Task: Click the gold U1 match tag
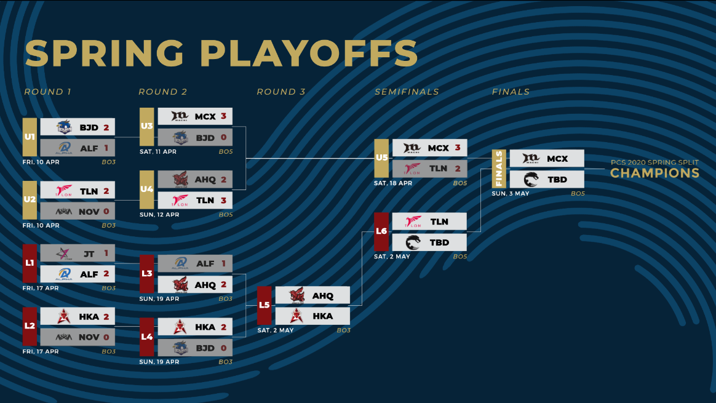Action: tap(30, 137)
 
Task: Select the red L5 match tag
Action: tap(265, 305)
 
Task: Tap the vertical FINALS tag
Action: tap(499, 169)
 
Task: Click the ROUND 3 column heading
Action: tap(281, 92)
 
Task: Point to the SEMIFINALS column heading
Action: tap(407, 92)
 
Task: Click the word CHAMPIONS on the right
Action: tap(655, 173)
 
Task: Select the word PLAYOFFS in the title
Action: tap(309, 53)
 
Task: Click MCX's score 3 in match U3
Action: tap(224, 116)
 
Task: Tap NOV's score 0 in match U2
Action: tap(106, 212)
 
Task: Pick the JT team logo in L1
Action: tap(63, 253)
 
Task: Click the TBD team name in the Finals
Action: tap(557, 180)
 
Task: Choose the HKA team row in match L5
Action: tap(313, 316)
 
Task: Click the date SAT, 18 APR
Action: tap(392, 183)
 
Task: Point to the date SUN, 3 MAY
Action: tap(511, 194)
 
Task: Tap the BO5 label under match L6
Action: tap(460, 257)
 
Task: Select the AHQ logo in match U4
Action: tap(180, 180)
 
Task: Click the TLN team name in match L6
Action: tap(439, 221)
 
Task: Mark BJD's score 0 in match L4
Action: tap(224, 348)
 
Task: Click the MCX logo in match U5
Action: tap(412, 148)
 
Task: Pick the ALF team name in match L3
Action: tap(205, 263)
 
